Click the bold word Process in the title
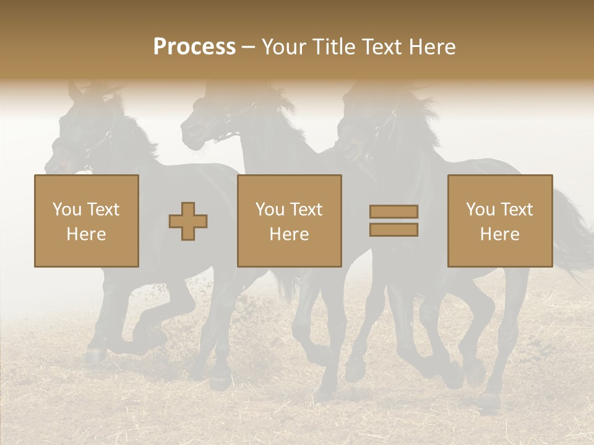[x=194, y=47]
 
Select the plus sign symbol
[x=188, y=221]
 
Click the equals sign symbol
[x=394, y=221]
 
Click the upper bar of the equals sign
[x=394, y=212]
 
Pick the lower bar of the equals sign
[x=394, y=230]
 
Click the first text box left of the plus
[x=87, y=221]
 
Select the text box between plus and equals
[x=290, y=221]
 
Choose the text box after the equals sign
[x=500, y=221]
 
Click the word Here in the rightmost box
[x=500, y=234]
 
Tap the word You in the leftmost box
[x=66, y=210]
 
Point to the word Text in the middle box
[x=306, y=210]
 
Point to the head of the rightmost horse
[x=359, y=130]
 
